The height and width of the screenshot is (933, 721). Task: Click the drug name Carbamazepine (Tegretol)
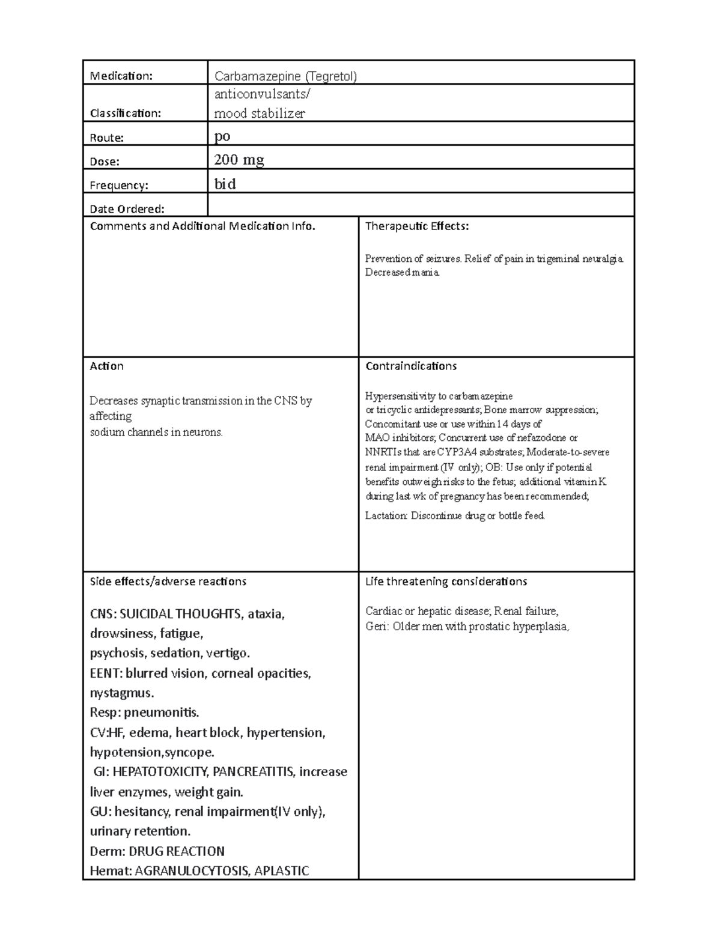(x=285, y=76)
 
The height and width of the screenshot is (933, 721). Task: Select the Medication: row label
(x=121, y=76)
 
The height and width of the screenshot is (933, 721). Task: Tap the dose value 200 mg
(x=239, y=160)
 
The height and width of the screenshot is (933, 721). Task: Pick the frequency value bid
(x=225, y=184)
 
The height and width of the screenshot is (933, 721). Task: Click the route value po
(x=222, y=136)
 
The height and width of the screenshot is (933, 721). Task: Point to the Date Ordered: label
(x=127, y=209)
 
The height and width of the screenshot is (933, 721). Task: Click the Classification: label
(x=125, y=113)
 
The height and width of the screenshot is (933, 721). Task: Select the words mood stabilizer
(x=260, y=113)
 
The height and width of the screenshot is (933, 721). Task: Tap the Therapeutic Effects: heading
(x=416, y=226)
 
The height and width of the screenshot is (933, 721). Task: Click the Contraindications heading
(x=410, y=366)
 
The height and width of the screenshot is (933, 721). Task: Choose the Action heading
(x=106, y=366)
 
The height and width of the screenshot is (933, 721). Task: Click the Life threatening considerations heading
(x=446, y=581)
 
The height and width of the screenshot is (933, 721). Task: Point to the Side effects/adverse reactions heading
(x=168, y=581)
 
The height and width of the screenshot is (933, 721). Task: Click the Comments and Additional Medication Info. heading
(x=202, y=226)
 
